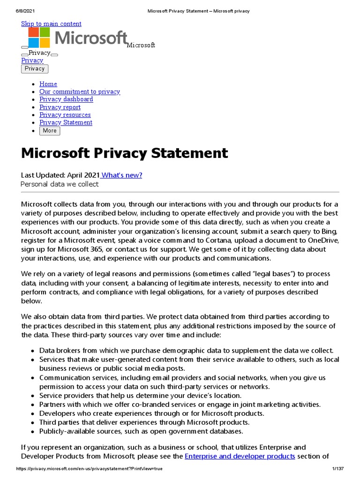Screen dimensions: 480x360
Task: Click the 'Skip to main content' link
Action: pyautogui.click(x=51, y=24)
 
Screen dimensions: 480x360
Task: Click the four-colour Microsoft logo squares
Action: pyautogui.click(x=39, y=37)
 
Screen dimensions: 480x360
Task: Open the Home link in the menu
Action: pyautogui.click(x=48, y=84)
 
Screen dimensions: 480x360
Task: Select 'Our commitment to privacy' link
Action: pyautogui.click(x=80, y=91)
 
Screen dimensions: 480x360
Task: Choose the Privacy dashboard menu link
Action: pyautogui.click(x=66, y=99)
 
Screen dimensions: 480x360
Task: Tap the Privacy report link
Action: pyautogui.click(x=60, y=107)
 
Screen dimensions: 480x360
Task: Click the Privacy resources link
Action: pyautogui.click(x=65, y=115)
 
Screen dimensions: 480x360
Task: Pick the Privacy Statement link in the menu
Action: pyautogui.click(x=66, y=122)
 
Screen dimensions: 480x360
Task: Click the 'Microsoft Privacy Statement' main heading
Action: pyautogui.click(x=124, y=153)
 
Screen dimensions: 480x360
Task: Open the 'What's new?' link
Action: pyautogui.click(x=122, y=175)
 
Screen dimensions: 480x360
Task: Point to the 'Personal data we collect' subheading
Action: pyautogui.click(x=60, y=184)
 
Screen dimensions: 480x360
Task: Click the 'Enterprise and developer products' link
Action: pyautogui.click(x=240, y=456)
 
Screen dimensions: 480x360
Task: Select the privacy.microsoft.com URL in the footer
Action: pyautogui.click(x=89, y=469)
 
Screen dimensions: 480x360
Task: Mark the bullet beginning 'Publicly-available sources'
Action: pyautogui.click(x=141, y=431)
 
